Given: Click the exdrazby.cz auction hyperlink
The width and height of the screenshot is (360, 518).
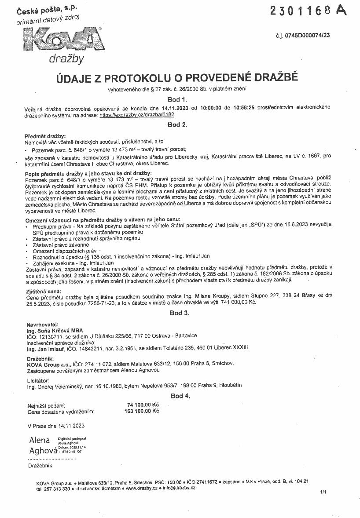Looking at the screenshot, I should coord(137,114).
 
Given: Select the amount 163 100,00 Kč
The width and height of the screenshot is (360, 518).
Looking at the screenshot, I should coord(142,412).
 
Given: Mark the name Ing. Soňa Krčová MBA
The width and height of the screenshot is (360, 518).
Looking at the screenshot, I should coord(55,328).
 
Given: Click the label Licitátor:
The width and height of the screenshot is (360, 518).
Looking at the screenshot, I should coord(38,379).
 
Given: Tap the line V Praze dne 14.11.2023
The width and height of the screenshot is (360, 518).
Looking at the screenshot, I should coord(55,426).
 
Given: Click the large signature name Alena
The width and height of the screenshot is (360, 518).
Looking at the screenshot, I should coord(40,440).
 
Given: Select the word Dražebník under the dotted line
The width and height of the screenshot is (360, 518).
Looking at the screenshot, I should coord(40,465).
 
